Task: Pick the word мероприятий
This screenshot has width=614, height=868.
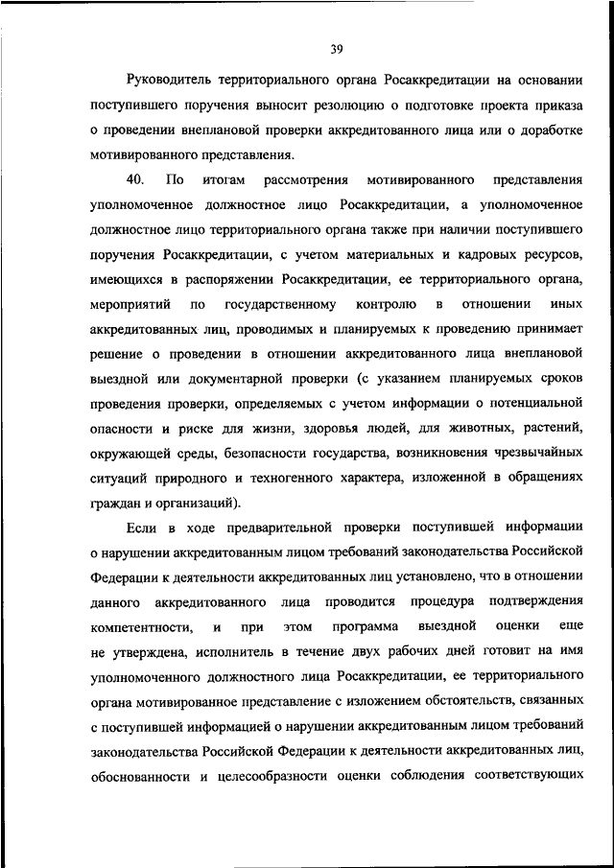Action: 130,305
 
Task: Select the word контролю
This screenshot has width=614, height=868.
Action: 386,305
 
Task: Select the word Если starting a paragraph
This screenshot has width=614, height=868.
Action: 140,528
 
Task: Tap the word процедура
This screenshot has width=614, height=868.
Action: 442,601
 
